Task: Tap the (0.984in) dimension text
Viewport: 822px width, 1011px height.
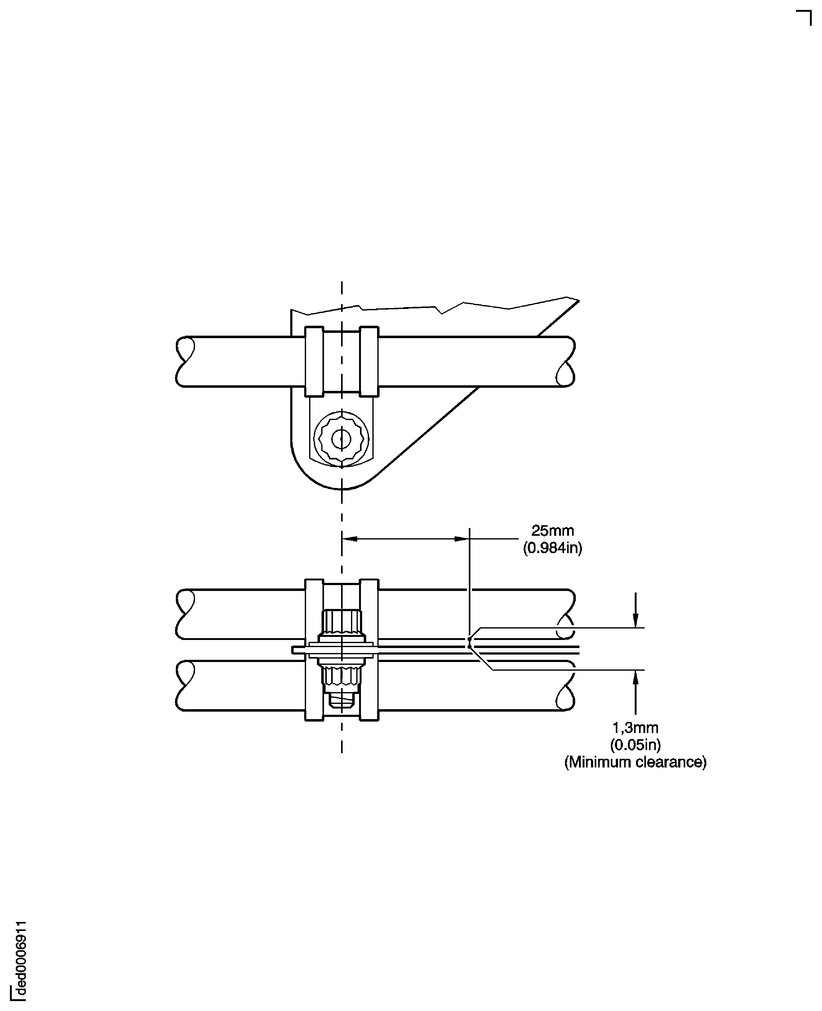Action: tap(552, 548)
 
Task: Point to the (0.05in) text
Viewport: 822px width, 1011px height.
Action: tap(635, 745)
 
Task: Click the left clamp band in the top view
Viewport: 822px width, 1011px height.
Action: tap(314, 361)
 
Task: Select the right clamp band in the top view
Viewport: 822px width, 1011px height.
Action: tap(369, 361)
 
